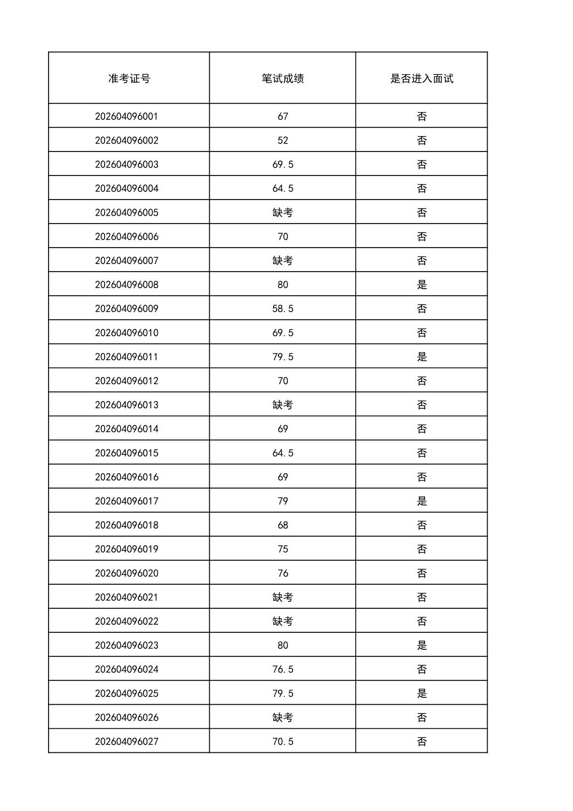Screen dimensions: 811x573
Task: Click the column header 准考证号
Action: click(129, 78)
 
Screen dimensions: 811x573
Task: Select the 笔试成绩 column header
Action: click(283, 78)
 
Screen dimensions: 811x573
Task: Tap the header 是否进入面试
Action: click(421, 78)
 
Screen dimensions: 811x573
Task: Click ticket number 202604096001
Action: click(126, 116)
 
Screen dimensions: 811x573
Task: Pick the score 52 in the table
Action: click(283, 140)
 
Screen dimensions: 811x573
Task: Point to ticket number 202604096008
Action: click(126, 284)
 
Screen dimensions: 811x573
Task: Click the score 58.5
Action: click(283, 308)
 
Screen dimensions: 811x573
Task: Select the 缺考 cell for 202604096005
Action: click(283, 212)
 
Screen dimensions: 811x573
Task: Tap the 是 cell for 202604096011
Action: click(421, 356)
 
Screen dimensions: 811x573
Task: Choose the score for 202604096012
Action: click(283, 381)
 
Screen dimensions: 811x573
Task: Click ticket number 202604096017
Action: click(126, 501)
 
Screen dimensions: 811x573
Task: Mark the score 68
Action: click(283, 525)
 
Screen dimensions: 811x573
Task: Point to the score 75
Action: click(283, 549)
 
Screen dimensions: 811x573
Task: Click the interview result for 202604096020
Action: click(421, 573)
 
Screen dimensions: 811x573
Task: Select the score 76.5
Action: click(283, 669)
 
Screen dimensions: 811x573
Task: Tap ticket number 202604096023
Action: click(126, 645)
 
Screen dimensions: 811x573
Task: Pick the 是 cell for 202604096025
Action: click(421, 693)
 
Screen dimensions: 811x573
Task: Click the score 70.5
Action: click(283, 741)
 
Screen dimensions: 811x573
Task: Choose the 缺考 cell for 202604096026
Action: click(283, 717)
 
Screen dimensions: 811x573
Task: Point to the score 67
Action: click(283, 116)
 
